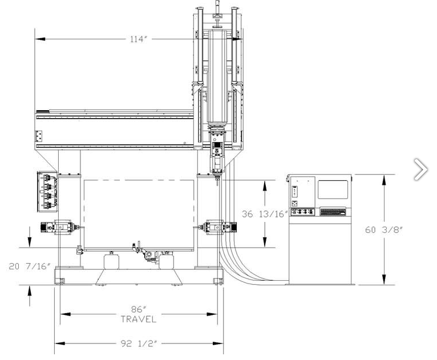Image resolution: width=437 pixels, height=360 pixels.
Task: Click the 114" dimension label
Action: point(139,39)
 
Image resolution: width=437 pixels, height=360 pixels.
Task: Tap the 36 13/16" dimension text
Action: point(265,214)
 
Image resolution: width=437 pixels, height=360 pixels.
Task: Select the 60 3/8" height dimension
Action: point(384,229)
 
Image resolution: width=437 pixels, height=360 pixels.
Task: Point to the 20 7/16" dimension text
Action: point(30,266)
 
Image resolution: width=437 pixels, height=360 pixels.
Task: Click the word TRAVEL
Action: point(139,319)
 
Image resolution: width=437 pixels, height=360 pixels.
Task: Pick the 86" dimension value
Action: point(139,309)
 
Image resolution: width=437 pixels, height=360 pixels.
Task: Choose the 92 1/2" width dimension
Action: point(139,343)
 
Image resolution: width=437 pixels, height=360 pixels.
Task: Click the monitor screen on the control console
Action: point(333,189)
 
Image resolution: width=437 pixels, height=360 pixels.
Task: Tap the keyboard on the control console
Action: point(333,212)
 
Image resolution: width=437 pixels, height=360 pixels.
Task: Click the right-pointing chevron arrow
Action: point(421,169)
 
